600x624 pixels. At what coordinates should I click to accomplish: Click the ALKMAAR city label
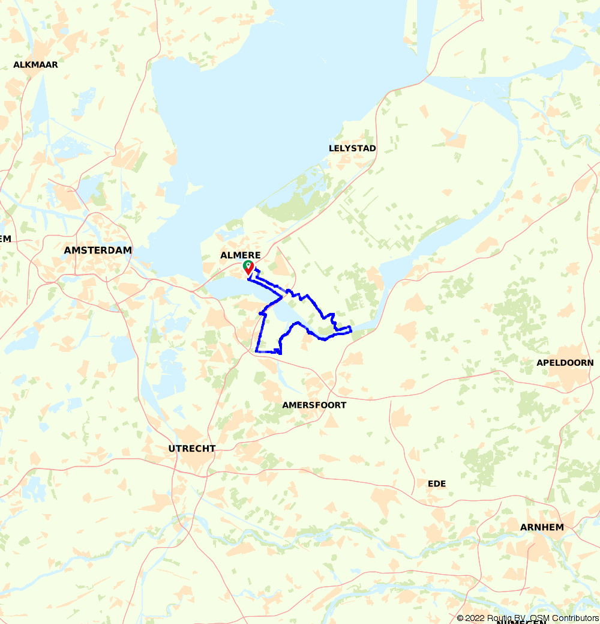35,65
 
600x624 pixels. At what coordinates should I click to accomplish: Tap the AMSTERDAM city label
98,250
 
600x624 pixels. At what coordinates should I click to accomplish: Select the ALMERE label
241,255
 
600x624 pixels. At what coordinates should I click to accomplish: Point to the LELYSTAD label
352,148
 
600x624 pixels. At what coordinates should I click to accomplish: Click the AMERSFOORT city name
314,405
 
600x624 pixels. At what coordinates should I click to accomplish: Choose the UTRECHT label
191,449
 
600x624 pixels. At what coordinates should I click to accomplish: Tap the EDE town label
437,484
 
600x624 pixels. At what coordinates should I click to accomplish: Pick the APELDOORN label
565,363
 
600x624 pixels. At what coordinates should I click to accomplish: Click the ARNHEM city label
542,527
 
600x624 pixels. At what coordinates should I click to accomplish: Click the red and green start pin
248,268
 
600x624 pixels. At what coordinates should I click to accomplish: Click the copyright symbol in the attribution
460,619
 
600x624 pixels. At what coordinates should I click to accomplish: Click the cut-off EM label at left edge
5,238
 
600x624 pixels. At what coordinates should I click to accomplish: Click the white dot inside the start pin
248,264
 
